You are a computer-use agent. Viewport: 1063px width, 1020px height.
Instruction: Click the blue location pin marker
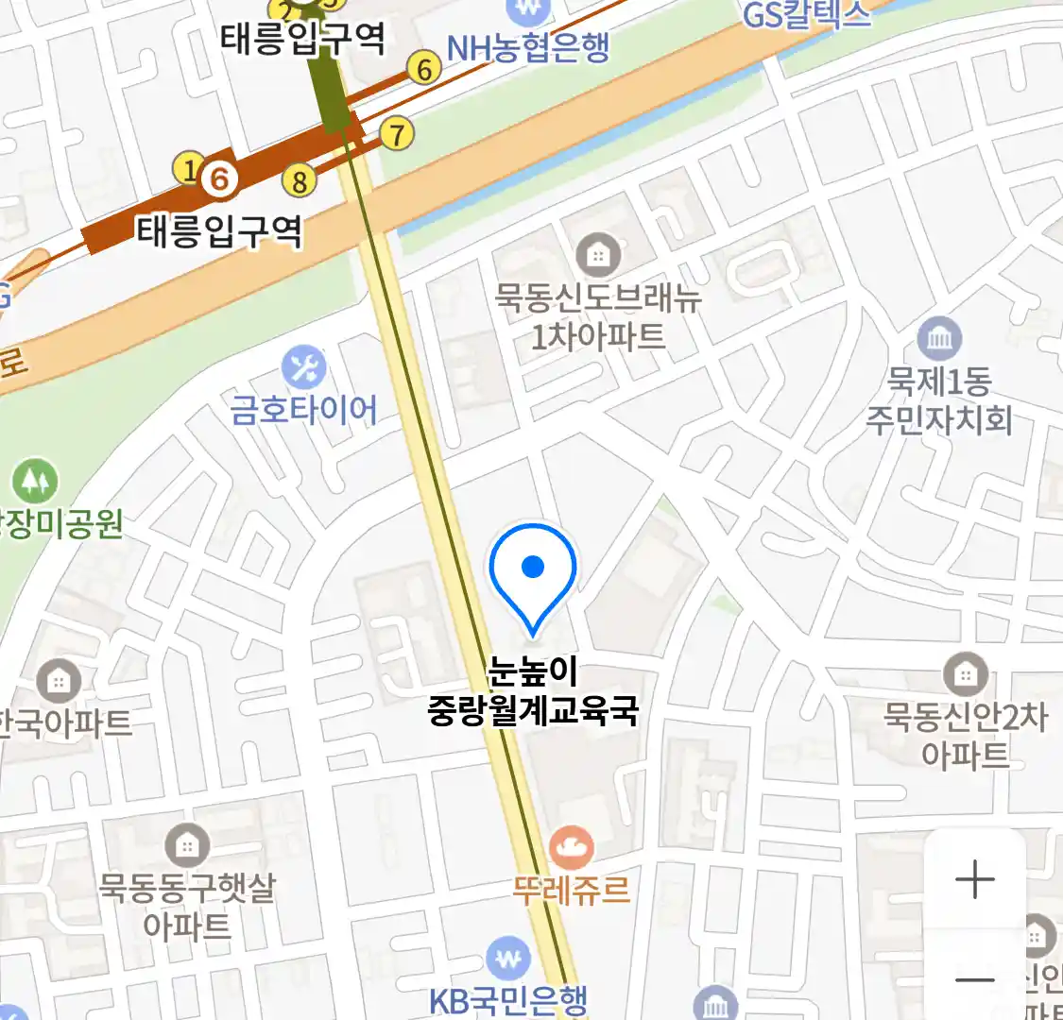tap(533, 570)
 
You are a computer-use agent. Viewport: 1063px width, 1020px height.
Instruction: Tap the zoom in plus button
tap(974, 879)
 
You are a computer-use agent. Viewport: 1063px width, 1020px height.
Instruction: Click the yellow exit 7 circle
tap(397, 133)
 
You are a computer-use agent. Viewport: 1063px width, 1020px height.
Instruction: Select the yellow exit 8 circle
tap(300, 180)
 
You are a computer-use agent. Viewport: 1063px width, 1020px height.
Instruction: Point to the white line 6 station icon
tap(220, 177)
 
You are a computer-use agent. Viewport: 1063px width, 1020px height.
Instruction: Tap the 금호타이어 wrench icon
tap(303, 368)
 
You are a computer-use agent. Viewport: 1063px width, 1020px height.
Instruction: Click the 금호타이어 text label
tap(304, 411)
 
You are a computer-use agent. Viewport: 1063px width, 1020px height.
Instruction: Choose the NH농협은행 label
tap(528, 47)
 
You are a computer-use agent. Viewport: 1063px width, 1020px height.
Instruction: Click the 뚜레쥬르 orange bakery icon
tap(571, 847)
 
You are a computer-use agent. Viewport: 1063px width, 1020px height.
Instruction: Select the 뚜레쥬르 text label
tap(571, 890)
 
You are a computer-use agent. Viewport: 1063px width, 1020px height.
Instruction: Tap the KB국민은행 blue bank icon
tap(508, 958)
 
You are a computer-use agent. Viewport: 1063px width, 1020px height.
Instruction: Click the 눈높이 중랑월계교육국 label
tap(533, 691)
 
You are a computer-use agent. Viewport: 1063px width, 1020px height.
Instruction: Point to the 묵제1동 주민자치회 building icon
tap(938, 338)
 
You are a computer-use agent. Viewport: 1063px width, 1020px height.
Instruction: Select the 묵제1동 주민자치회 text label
tap(939, 400)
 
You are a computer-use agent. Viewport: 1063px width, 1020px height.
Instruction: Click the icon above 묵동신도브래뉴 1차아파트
tap(598, 254)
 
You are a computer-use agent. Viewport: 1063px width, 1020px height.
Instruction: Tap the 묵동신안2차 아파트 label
tap(965, 735)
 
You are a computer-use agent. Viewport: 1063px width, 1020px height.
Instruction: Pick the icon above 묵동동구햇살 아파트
tap(187, 845)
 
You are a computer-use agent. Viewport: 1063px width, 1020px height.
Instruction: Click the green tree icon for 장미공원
tap(35, 482)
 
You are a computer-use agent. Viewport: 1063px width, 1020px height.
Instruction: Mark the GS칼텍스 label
tap(806, 14)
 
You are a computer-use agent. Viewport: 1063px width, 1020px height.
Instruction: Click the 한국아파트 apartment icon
tap(59, 680)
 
